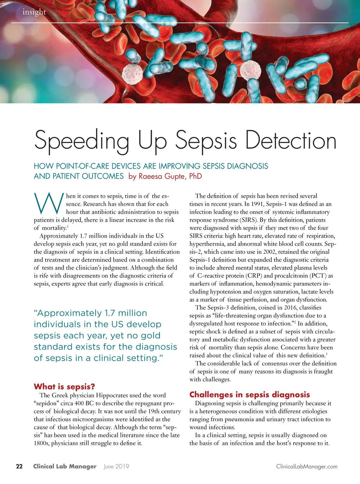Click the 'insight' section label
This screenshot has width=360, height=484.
click(34, 12)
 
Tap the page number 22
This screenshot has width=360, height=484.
click(19, 466)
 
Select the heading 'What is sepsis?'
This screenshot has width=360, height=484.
click(64, 386)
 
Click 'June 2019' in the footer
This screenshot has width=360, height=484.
click(116, 466)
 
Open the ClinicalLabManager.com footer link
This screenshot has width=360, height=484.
click(307, 467)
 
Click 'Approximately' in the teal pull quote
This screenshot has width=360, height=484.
click(67, 313)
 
